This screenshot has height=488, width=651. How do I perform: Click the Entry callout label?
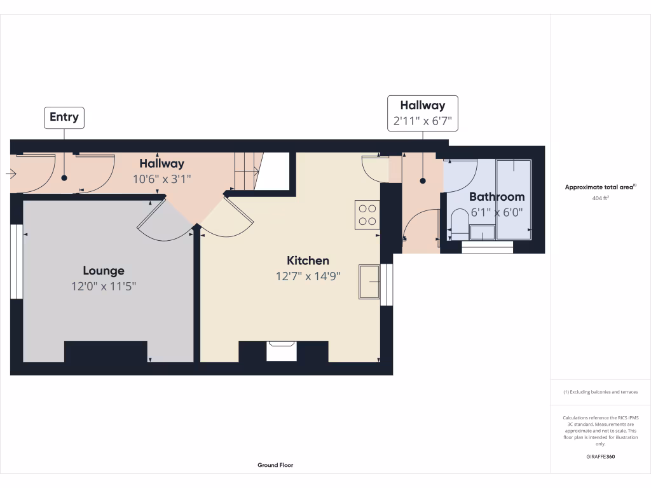(x=64, y=117)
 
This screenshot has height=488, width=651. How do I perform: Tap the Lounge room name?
(x=104, y=271)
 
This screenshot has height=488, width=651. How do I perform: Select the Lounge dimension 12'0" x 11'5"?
(x=104, y=287)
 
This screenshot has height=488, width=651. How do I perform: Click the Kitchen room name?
(x=308, y=261)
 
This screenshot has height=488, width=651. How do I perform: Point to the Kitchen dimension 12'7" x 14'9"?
(x=308, y=276)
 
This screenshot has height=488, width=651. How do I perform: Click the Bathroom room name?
(x=497, y=197)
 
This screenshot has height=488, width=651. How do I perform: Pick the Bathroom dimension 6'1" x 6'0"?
(x=497, y=213)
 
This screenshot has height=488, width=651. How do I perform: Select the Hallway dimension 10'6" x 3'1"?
(x=161, y=179)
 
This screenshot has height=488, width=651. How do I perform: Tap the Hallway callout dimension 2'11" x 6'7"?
(x=422, y=121)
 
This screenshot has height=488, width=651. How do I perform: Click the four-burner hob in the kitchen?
(x=367, y=214)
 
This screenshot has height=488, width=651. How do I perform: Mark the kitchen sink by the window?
(x=369, y=281)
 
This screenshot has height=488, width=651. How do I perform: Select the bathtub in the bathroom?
(x=513, y=199)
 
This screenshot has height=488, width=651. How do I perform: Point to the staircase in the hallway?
(x=247, y=170)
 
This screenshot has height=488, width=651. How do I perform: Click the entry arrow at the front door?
(x=11, y=173)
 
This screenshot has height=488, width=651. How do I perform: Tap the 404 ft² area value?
(x=600, y=198)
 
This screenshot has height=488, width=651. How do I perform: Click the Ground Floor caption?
(x=275, y=465)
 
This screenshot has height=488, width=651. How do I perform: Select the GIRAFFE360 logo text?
(x=600, y=457)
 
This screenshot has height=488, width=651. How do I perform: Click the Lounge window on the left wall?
(x=16, y=262)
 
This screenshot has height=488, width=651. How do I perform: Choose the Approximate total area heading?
(x=600, y=187)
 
